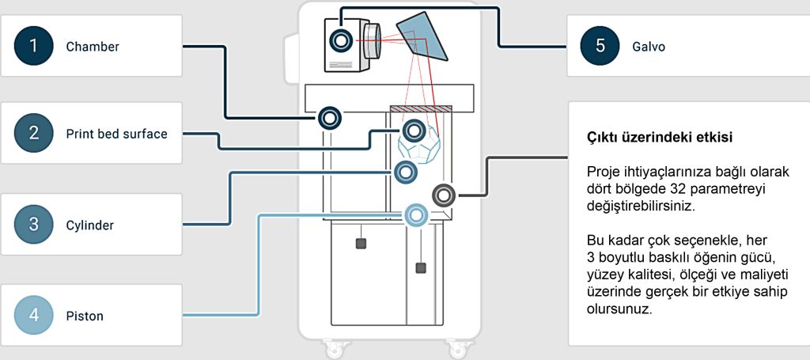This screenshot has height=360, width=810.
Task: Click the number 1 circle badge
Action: pyautogui.click(x=33, y=46)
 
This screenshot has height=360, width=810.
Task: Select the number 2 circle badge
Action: pyautogui.click(x=33, y=134)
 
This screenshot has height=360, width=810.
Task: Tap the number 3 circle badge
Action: pyautogui.click(x=33, y=225)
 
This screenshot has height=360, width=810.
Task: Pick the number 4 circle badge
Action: pyautogui.click(x=33, y=316)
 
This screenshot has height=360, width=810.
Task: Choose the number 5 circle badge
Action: pyautogui.click(x=600, y=46)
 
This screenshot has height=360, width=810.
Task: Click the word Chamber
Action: pyautogui.click(x=93, y=47)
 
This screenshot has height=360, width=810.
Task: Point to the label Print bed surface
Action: pyautogui.click(x=116, y=135)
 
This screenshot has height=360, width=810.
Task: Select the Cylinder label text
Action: pyautogui.click(x=90, y=225)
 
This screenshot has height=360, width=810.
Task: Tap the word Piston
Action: pyautogui.click(x=85, y=316)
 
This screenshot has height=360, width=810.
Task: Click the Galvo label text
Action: pyautogui.click(x=649, y=47)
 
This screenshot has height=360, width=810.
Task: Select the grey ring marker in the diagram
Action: pyautogui.click(x=443, y=194)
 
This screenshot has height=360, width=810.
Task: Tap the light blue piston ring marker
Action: pyautogui.click(x=416, y=214)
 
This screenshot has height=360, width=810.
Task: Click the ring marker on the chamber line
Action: pyautogui.click(x=330, y=119)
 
